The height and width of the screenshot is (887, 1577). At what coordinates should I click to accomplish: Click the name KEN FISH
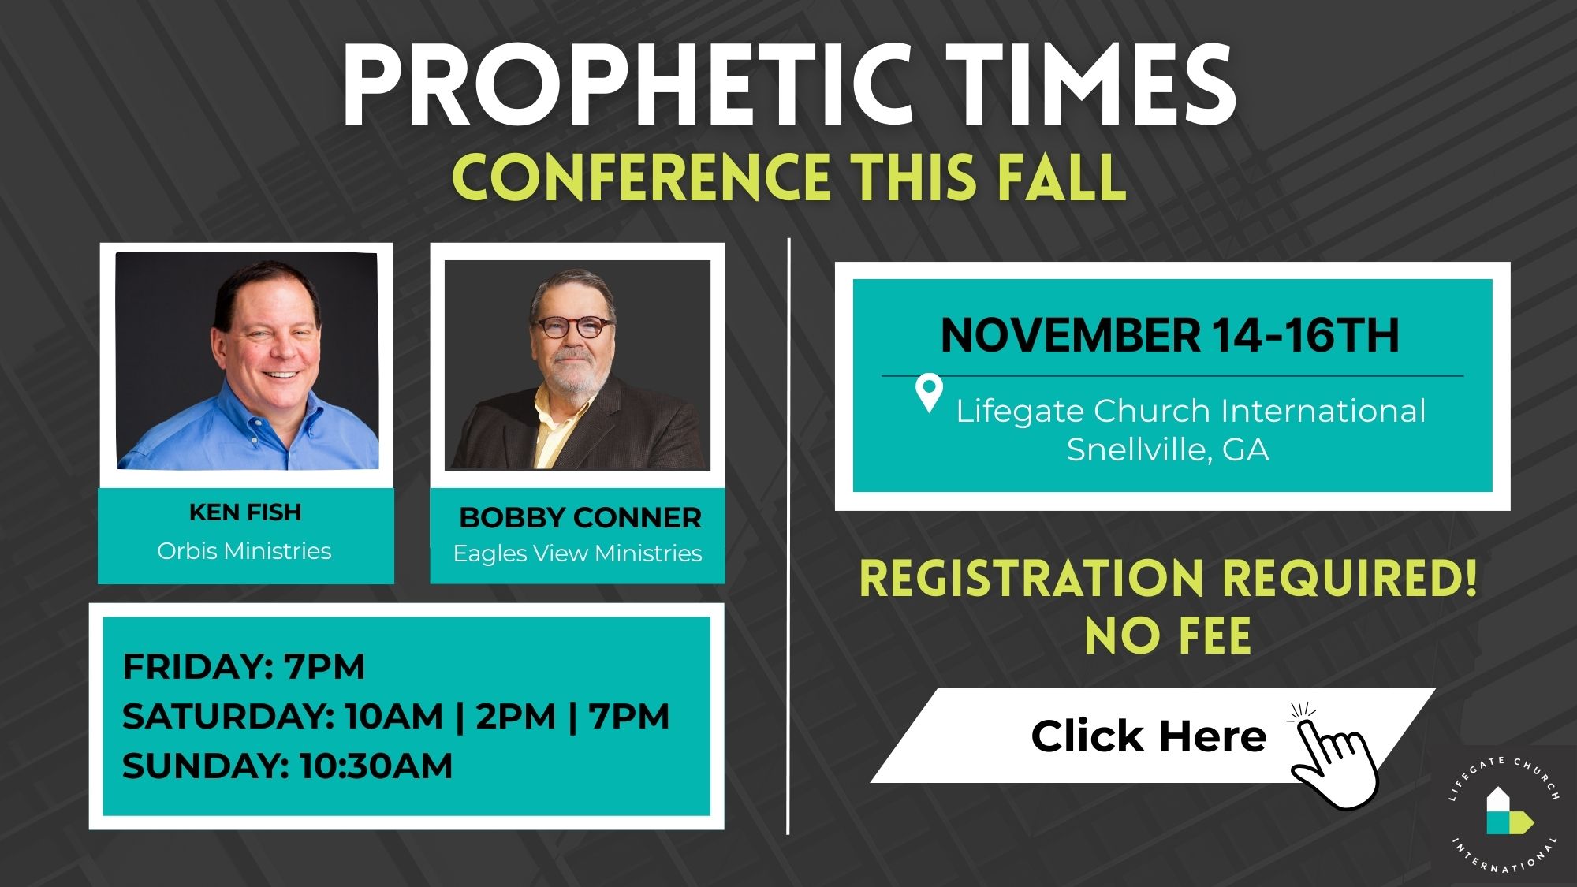[245, 512]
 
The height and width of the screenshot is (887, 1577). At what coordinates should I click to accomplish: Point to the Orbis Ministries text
[244, 550]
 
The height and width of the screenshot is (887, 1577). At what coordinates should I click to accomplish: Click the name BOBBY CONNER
[580, 518]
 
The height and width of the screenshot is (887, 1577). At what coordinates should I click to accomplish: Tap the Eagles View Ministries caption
[577, 553]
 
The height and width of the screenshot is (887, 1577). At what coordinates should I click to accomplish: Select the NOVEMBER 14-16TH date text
[1170, 335]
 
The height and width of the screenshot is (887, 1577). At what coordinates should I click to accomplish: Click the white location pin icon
[929, 393]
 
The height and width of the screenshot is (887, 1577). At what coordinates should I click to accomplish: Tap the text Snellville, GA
[1168, 449]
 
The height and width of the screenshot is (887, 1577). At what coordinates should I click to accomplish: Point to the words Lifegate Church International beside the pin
[1191, 411]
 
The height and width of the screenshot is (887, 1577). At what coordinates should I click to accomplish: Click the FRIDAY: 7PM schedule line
[244, 667]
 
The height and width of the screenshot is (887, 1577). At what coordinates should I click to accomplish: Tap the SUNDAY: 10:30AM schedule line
[287, 766]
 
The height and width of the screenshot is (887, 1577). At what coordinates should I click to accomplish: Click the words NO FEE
[1168, 636]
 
